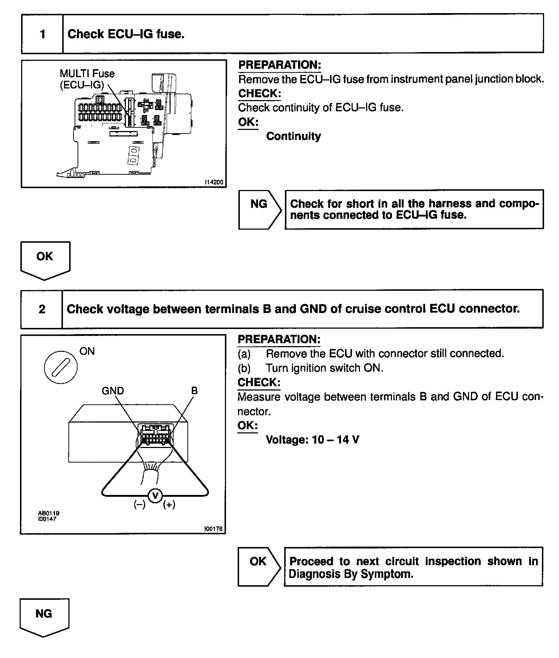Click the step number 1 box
[43, 34]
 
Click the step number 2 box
[42, 309]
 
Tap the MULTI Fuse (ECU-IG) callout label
[87, 79]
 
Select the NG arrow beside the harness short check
[259, 210]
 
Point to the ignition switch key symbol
[61, 367]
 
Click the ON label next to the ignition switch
[87, 351]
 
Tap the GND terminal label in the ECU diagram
[113, 391]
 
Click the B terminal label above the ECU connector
[194, 391]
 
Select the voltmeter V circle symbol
[155, 496]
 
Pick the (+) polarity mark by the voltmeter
[169, 504]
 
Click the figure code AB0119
[48, 513]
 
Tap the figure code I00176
[213, 529]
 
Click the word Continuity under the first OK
[293, 136]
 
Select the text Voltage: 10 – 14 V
[312, 440]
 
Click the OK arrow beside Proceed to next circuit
[259, 567]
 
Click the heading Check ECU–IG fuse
[126, 34]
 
